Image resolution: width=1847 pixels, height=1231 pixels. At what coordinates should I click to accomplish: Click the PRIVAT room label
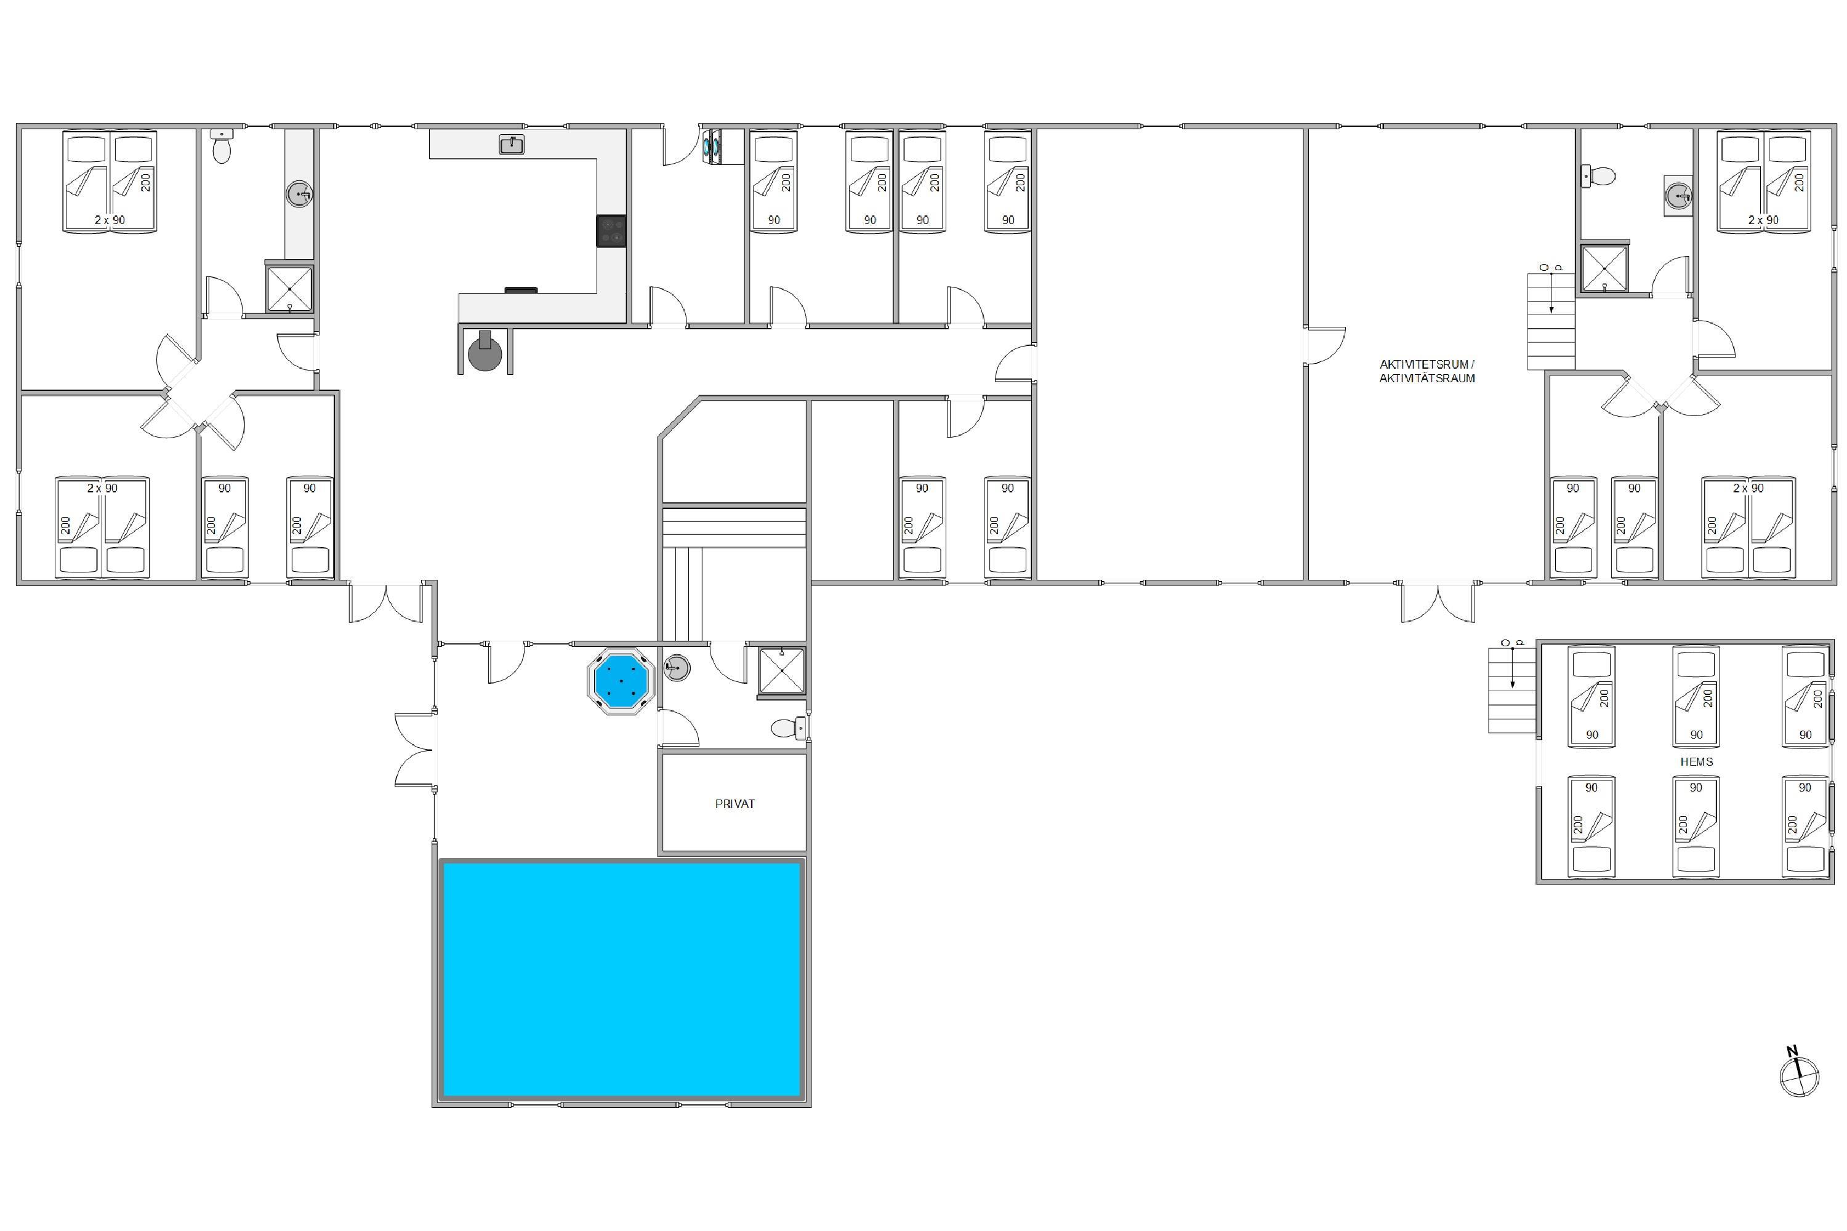pyautogui.click(x=734, y=804)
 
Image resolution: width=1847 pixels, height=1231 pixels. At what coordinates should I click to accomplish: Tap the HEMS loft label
pyautogui.click(x=1696, y=761)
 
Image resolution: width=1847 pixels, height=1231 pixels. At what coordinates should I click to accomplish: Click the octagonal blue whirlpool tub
pyautogui.click(x=621, y=681)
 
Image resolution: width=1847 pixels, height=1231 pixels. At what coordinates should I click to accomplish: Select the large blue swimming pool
pyautogui.click(x=622, y=980)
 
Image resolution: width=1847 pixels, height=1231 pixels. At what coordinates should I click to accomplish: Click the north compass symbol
pyautogui.click(x=1799, y=1074)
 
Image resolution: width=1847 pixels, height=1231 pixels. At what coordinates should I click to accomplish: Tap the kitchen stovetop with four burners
pyautogui.click(x=611, y=231)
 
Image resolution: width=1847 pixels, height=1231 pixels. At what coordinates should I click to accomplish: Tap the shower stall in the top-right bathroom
pyautogui.click(x=1604, y=268)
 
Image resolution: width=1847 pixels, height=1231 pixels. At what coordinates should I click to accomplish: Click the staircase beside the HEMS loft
pyautogui.click(x=1511, y=689)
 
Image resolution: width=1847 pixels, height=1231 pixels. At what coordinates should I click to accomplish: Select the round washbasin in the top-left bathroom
pyautogui.click(x=299, y=193)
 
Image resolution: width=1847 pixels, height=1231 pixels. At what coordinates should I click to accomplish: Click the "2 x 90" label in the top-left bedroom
pyautogui.click(x=110, y=220)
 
